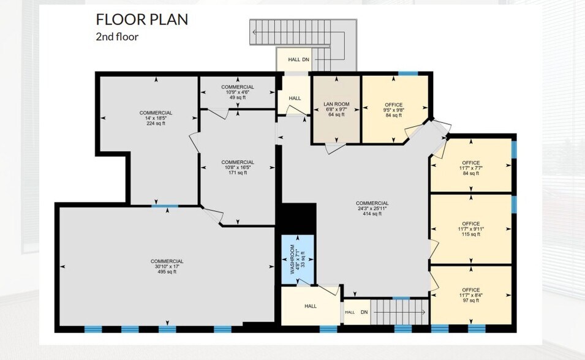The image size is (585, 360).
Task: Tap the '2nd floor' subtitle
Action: (117, 37)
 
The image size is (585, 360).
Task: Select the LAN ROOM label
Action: (336, 105)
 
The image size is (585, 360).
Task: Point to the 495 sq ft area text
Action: (167, 272)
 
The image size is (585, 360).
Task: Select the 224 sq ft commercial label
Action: (156, 123)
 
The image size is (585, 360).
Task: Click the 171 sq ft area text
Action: (238, 173)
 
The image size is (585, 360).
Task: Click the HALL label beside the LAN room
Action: (295, 98)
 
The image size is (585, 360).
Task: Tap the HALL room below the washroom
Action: (310, 306)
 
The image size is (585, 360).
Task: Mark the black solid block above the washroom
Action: (297, 218)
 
